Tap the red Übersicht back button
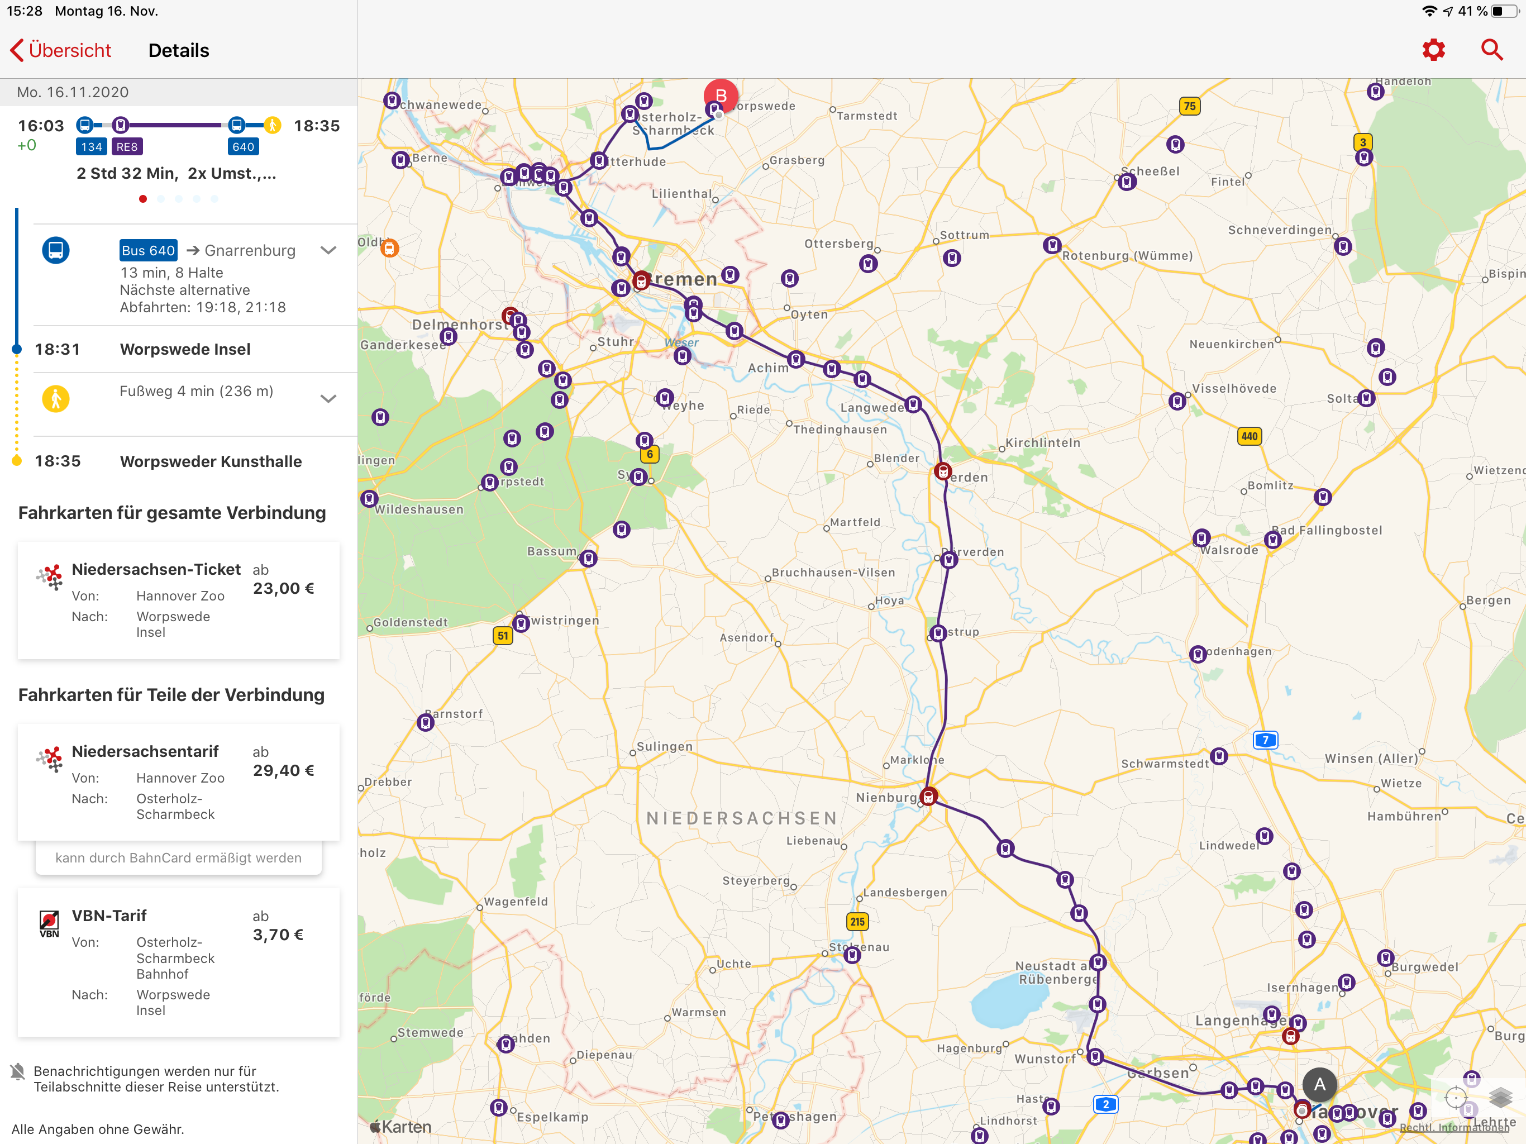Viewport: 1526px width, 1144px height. tap(61, 50)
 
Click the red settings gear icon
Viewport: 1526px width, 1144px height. tap(1433, 50)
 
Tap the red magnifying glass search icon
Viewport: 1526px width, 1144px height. tap(1491, 50)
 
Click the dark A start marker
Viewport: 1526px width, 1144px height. tap(1319, 1084)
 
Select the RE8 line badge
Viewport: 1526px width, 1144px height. tap(127, 146)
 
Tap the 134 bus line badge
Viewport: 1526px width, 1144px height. tap(91, 146)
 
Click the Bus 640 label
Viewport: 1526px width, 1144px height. tap(149, 250)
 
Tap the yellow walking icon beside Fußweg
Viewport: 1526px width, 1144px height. tap(56, 399)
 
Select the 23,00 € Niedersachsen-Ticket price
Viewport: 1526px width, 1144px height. tap(284, 589)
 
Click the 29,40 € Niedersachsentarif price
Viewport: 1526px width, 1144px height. tap(284, 771)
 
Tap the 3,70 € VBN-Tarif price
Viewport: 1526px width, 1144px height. tap(278, 935)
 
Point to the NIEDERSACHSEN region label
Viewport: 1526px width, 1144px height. tap(742, 818)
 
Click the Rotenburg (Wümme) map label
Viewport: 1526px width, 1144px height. tap(1127, 256)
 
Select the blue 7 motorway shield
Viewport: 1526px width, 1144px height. tap(1265, 740)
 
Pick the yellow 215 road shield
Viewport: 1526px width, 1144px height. tap(857, 921)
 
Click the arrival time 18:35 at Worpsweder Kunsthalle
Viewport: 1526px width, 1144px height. tap(58, 461)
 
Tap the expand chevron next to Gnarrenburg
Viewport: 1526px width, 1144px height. tap(328, 250)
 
